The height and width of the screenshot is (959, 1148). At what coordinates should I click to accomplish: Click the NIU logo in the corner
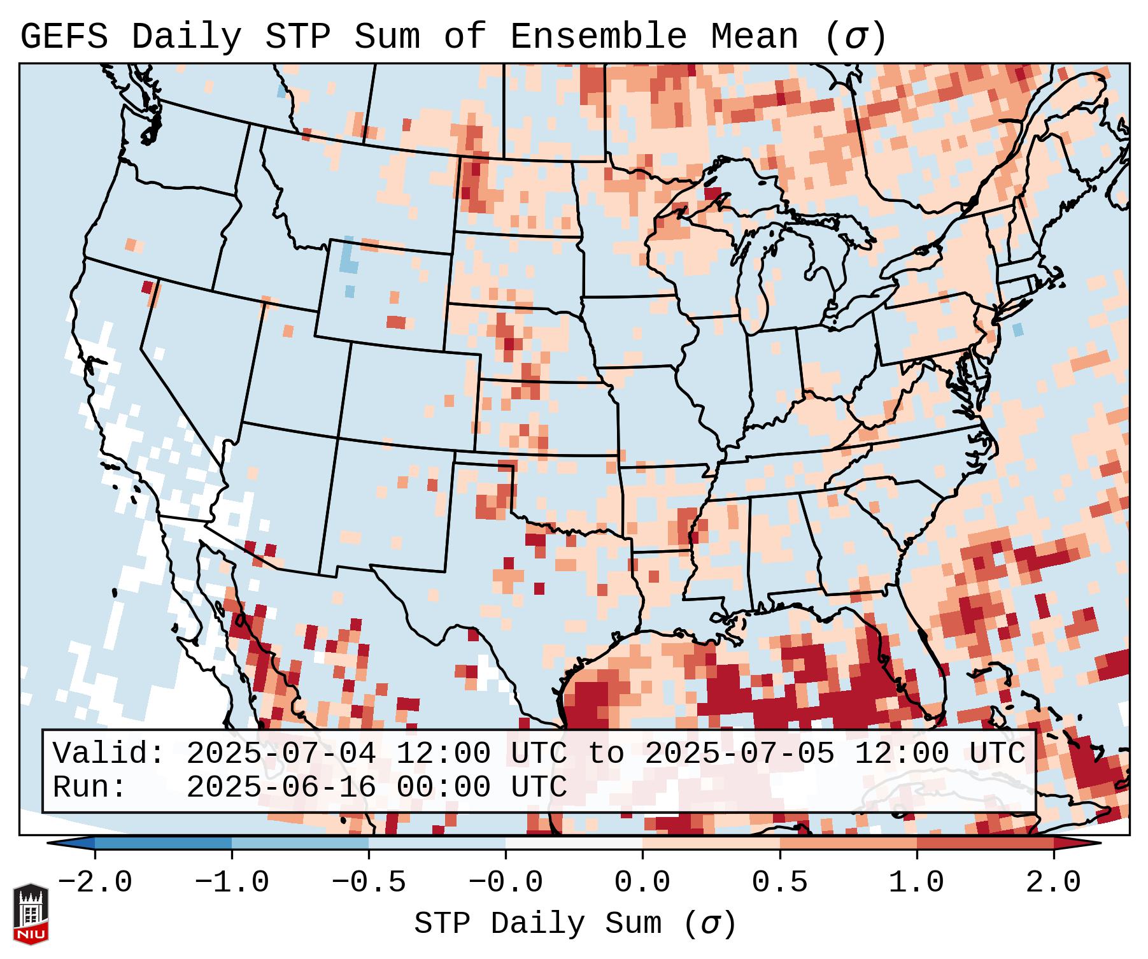pyautogui.click(x=31, y=914)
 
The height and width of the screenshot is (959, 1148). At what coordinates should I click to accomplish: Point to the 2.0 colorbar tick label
pyautogui.click(x=1053, y=883)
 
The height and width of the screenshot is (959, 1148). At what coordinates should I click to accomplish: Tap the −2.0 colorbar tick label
pyautogui.click(x=95, y=883)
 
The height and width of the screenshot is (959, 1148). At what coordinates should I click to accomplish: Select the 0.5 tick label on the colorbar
pyautogui.click(x=779, y=883)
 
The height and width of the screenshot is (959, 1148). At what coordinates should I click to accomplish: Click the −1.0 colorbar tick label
pyautogui.click(x=232, y=883)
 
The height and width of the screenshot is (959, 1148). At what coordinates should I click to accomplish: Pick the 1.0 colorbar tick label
pyautogui.click(x=916, y=883)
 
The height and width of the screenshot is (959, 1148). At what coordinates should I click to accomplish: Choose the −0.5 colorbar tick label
pyautogui.click(x=369, y=883)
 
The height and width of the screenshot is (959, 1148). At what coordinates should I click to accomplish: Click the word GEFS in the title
pyautogui.click(x=64, y=37)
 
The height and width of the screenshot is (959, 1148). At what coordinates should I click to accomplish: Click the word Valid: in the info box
pyautogui.click(x=109, y=753)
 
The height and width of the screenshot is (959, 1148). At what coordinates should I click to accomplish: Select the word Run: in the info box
pyautogui.click(x=90, y=787)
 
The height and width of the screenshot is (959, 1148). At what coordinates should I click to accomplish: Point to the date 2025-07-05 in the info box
pyautogui.click(x=739, y=753)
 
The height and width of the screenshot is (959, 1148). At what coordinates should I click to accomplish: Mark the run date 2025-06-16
pyautogui.click(x=281, y=787)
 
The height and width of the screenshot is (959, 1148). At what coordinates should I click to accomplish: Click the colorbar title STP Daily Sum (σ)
pyautogui.click(x=575, y=924)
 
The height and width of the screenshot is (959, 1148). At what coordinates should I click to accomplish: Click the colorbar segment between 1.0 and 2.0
pyautogui.click(x=984, y=843)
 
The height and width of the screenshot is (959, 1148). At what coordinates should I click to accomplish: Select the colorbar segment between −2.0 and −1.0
pyautogui.click(x=163, y=843)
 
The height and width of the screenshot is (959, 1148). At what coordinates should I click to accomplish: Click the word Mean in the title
pyautogui.click(x=754, y=37)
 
